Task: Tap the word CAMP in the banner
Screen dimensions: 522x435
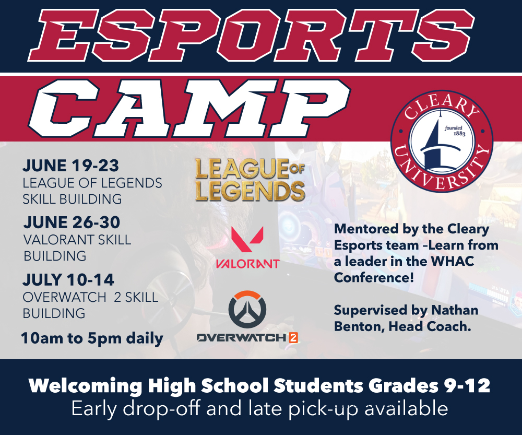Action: point(189,108)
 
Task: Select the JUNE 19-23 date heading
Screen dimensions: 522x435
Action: point(70,166)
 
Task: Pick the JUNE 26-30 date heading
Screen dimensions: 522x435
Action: point(72,222)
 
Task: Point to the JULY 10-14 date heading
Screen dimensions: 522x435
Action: point(68,280)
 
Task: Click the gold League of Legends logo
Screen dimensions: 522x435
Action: point(250,180)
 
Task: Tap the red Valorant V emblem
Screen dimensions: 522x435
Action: point(247,239)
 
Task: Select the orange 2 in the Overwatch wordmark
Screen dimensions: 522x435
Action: point(293,338)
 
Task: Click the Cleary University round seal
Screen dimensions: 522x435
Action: point(442,141)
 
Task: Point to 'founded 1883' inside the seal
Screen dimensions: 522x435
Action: point(455,131)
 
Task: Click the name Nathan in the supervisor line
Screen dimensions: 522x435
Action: point(455,310)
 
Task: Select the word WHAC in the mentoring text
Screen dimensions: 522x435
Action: point(452,261)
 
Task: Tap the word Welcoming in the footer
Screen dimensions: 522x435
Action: point(86,386)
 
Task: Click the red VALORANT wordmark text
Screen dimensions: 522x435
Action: point(247,264)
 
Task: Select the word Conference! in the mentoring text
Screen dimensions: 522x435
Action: point(374,277)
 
